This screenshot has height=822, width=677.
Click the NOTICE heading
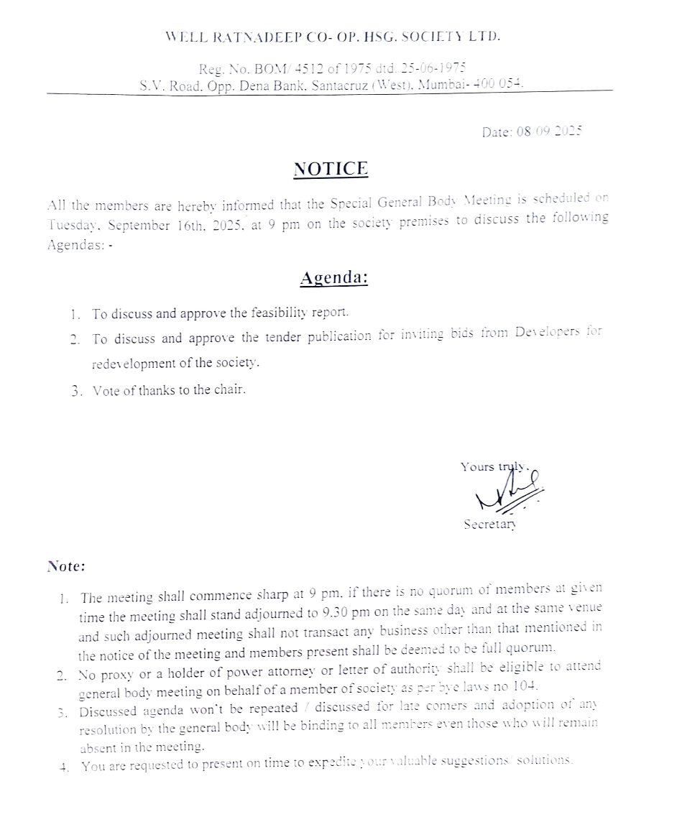coord(331,169)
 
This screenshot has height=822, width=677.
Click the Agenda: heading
coord(333,277)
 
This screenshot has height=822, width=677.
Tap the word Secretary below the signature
coord(489,525)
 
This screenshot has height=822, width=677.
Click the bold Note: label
coord(66,566)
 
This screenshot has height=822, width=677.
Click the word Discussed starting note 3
coord(107,713)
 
